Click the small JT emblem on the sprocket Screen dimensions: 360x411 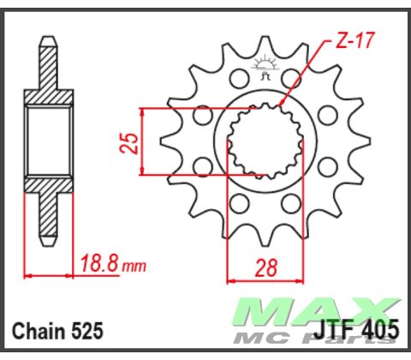[x=262, y=69]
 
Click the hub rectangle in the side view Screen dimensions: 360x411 [x=46, y=141]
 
